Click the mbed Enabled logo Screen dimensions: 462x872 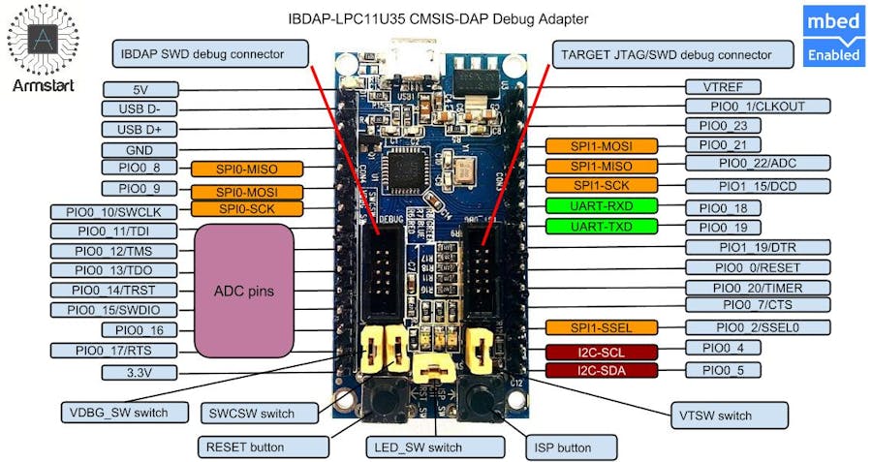(x=834, y=37)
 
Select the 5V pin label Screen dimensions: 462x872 (x=140, y=88)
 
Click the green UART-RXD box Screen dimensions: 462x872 (x=601, y=205)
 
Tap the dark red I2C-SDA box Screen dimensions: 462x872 (x=601, y=370)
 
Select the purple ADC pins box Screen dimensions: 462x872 (x=244, y=291)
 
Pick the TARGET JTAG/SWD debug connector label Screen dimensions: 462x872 (x=665, y=54)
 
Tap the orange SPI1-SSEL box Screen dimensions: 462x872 (x=601, y=327)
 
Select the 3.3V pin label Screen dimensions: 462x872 (x=140, y=372)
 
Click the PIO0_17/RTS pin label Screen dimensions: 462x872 (x=114, y=350)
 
